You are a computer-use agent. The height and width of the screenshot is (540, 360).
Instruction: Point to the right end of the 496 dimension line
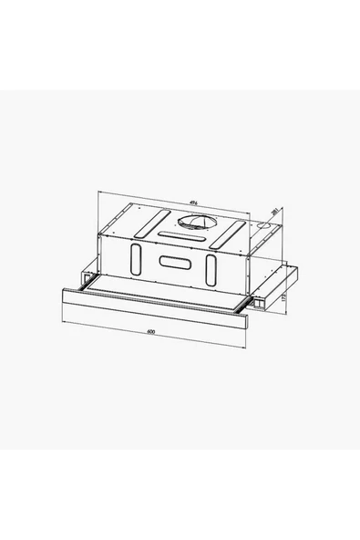pos(268,210)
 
